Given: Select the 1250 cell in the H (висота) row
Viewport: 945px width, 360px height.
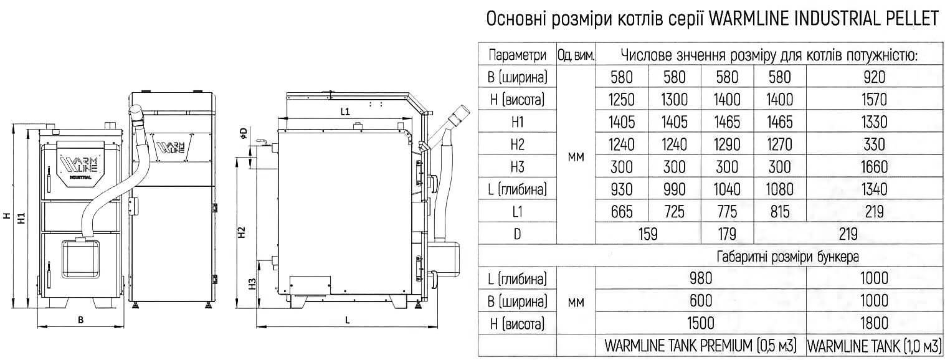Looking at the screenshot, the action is tap(622, 100).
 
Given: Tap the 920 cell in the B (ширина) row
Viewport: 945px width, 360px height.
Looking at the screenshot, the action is tap(874, 77).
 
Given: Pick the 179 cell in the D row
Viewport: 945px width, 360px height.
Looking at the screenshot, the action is tap(727, 234).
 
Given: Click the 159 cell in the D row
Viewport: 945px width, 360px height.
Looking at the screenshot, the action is tap(648, 234).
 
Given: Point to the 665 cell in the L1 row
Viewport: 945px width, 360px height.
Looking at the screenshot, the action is tap(622, 211).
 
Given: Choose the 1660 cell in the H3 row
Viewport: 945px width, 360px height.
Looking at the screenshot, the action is tap(874, 167).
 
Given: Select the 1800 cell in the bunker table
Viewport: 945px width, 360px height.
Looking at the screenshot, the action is tap(874, 323).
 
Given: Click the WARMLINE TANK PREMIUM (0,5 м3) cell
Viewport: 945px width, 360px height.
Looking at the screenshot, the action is tap(701, 346).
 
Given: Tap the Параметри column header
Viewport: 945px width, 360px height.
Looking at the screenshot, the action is tap(517, 55).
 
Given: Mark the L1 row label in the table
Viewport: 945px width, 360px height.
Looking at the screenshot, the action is tap(517, 211).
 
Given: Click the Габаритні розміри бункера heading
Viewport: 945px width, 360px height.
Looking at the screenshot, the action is tap(787, 257).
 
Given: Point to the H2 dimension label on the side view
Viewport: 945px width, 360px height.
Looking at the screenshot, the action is tap(241, 232).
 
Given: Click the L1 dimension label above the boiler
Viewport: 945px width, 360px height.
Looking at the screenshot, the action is tap(345, 112).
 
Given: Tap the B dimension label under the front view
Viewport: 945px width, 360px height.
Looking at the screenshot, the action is tap(80, 320).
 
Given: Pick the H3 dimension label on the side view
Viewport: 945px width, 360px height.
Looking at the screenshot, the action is tap(252, 283).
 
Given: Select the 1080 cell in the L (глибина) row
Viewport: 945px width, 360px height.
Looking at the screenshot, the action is tap(780, 189).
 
